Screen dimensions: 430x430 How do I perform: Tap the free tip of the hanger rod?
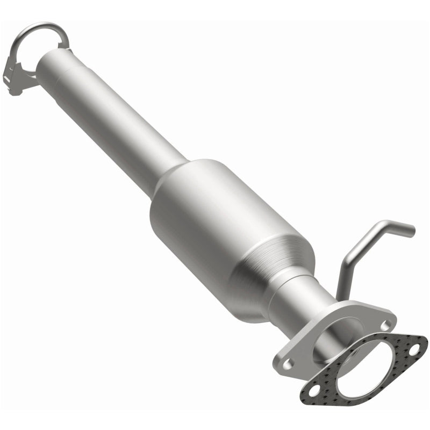point(411,230)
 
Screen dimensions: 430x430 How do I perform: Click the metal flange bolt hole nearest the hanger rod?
point(385,325)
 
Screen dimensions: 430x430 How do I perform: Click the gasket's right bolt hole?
point(414,350)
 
